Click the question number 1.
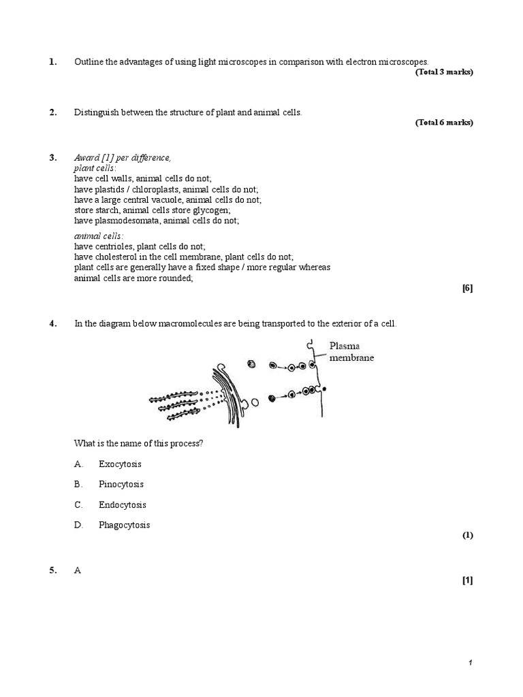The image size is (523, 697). click(x=52, y=62)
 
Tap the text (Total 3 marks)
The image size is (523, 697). click(x=443, y=72)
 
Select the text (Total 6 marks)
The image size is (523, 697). click(x=443, y=123)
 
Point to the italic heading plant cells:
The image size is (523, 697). click(x=95, y=167)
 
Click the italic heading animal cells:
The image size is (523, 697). click(x=99, y=236)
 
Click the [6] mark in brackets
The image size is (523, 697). click(x=467, y=288)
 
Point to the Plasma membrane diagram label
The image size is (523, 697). click(x=351, y=351)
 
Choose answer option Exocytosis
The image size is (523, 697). click(x=121, y=464)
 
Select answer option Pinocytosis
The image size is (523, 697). click(x=121, y=485)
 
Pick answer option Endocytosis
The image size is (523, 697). click(x=123, y=505)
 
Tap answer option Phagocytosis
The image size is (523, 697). click(x=125, y=525)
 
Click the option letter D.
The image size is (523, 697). click(x=78, y=525)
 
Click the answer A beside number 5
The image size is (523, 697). click(x=78, y=571)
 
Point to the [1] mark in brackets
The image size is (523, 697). click(x=467, y=581)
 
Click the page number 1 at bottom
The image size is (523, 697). click(x=470, y=664)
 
